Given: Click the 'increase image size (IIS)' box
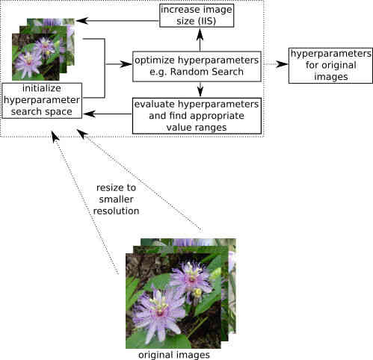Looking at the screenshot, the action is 197,16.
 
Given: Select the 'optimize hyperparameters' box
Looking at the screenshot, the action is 197,66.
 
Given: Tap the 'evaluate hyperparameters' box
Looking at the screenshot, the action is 197,116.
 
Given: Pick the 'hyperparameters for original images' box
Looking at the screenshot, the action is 330,66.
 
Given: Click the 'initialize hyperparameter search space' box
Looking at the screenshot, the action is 42,101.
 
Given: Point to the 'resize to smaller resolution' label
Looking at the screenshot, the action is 116,199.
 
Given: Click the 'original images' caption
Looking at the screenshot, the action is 174,355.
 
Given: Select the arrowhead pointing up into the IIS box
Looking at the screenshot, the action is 200,34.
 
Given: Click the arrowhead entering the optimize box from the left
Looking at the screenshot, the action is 126,64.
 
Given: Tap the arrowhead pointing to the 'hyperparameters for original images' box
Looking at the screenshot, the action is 282,64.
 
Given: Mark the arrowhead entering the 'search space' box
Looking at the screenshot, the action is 89,114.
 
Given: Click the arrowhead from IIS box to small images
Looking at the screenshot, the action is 81,21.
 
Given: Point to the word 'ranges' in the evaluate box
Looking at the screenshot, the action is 211,128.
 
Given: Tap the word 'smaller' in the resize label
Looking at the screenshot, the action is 116,199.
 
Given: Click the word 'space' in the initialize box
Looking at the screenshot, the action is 59,112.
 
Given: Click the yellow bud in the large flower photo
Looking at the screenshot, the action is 198,293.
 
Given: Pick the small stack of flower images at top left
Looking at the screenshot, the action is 43,49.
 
